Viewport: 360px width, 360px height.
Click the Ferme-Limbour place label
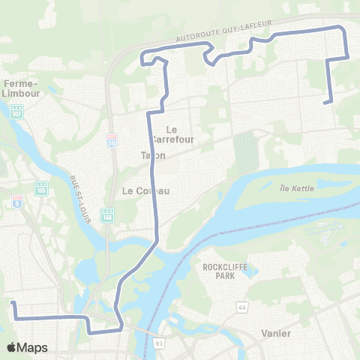21,87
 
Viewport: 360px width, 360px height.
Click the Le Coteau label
145,190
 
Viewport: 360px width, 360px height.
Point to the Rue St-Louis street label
78,195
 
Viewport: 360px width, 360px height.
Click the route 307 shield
16,112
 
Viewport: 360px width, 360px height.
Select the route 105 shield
41,187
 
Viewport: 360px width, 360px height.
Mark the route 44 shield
241,286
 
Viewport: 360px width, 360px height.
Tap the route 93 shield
160,343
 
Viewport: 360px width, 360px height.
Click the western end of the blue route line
13,303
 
